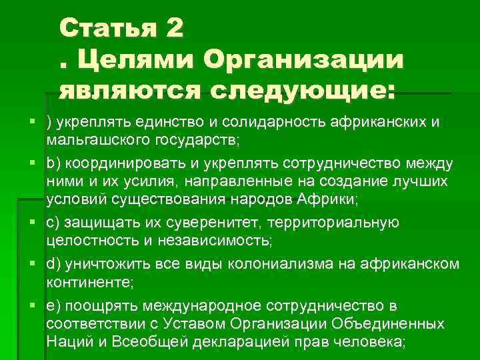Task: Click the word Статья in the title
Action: point(105,29)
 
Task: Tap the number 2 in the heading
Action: point(171,29)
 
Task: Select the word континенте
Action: point(89,283)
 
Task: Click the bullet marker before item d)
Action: point(33,264)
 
